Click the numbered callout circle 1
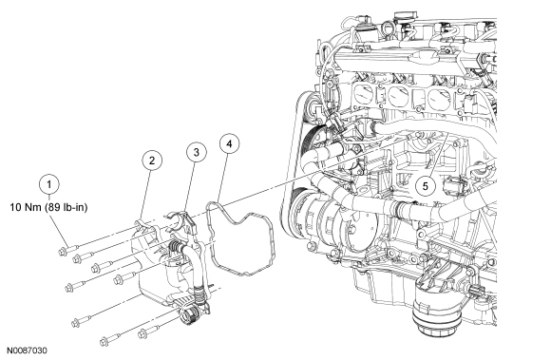pos(48,184)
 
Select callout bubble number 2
pos(152,161)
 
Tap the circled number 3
pos(196,152)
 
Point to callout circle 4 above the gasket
pos(229,143)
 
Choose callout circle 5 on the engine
pos(426,186)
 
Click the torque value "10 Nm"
pos(27,208)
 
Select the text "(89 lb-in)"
pos(66,208)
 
